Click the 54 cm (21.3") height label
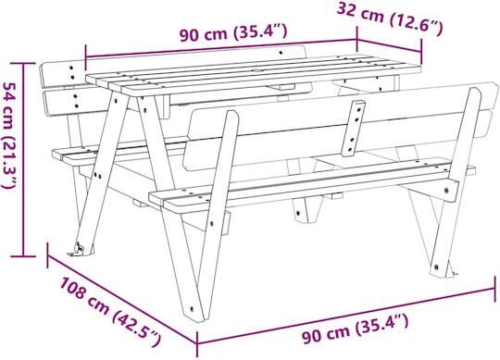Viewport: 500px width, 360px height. pos(9,135)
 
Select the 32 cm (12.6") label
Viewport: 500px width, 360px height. pos(390,19)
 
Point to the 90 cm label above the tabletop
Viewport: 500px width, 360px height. pos(233,32)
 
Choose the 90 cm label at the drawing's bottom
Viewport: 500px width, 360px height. pos(356,329)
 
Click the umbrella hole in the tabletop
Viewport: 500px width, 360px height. pos(257,69)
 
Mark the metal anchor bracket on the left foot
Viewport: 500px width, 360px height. pos(77,249)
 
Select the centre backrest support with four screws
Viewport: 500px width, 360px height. pos(354,129)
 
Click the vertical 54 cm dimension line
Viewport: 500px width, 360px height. pos(23,159)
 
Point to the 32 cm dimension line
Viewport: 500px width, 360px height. pos(389,45)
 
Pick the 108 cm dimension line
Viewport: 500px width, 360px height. pos(122,299)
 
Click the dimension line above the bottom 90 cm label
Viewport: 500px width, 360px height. pos(345,317)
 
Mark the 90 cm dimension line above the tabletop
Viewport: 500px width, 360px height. pos(220,49)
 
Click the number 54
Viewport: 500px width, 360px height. pos(9,93)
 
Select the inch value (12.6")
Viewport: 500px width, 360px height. pos(417,25)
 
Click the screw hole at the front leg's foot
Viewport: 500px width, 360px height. pos(192,308)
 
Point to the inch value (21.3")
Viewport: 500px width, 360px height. pos(8,162)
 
